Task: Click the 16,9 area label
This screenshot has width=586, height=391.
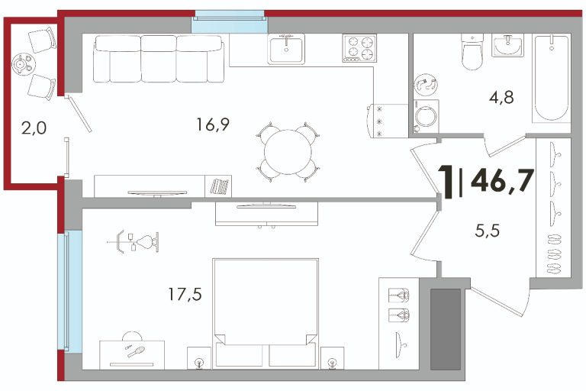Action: tap(213, 124)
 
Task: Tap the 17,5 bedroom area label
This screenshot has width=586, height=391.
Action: tap(185, 295)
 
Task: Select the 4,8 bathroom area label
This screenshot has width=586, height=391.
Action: tap(501, 98)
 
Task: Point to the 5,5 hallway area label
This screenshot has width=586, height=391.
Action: tap(488, 231)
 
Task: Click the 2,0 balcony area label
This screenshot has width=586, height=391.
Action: tap(34, 128)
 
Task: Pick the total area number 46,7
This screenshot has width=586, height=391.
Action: tap(502, 180)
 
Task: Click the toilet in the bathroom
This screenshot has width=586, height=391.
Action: tap(472, 51)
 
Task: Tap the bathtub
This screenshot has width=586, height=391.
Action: tap(552, 78)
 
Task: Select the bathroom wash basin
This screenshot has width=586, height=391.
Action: tap(507, 45)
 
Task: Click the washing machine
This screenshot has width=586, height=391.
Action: tap(427, 116)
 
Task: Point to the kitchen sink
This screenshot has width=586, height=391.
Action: tap(286, 49)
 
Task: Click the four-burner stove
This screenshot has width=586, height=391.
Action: tap(359, 48)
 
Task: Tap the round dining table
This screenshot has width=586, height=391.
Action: tap(288, 152)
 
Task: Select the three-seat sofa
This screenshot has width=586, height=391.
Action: tap(159, 59)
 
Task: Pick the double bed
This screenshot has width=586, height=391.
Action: tap(266, 313)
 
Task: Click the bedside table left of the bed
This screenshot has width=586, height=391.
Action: tap(199, 358)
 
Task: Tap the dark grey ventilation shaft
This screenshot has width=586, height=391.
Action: tap(445, 329)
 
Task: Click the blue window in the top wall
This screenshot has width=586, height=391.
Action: tap(230, 21)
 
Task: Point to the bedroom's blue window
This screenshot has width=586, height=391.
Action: tap(70, 291)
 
